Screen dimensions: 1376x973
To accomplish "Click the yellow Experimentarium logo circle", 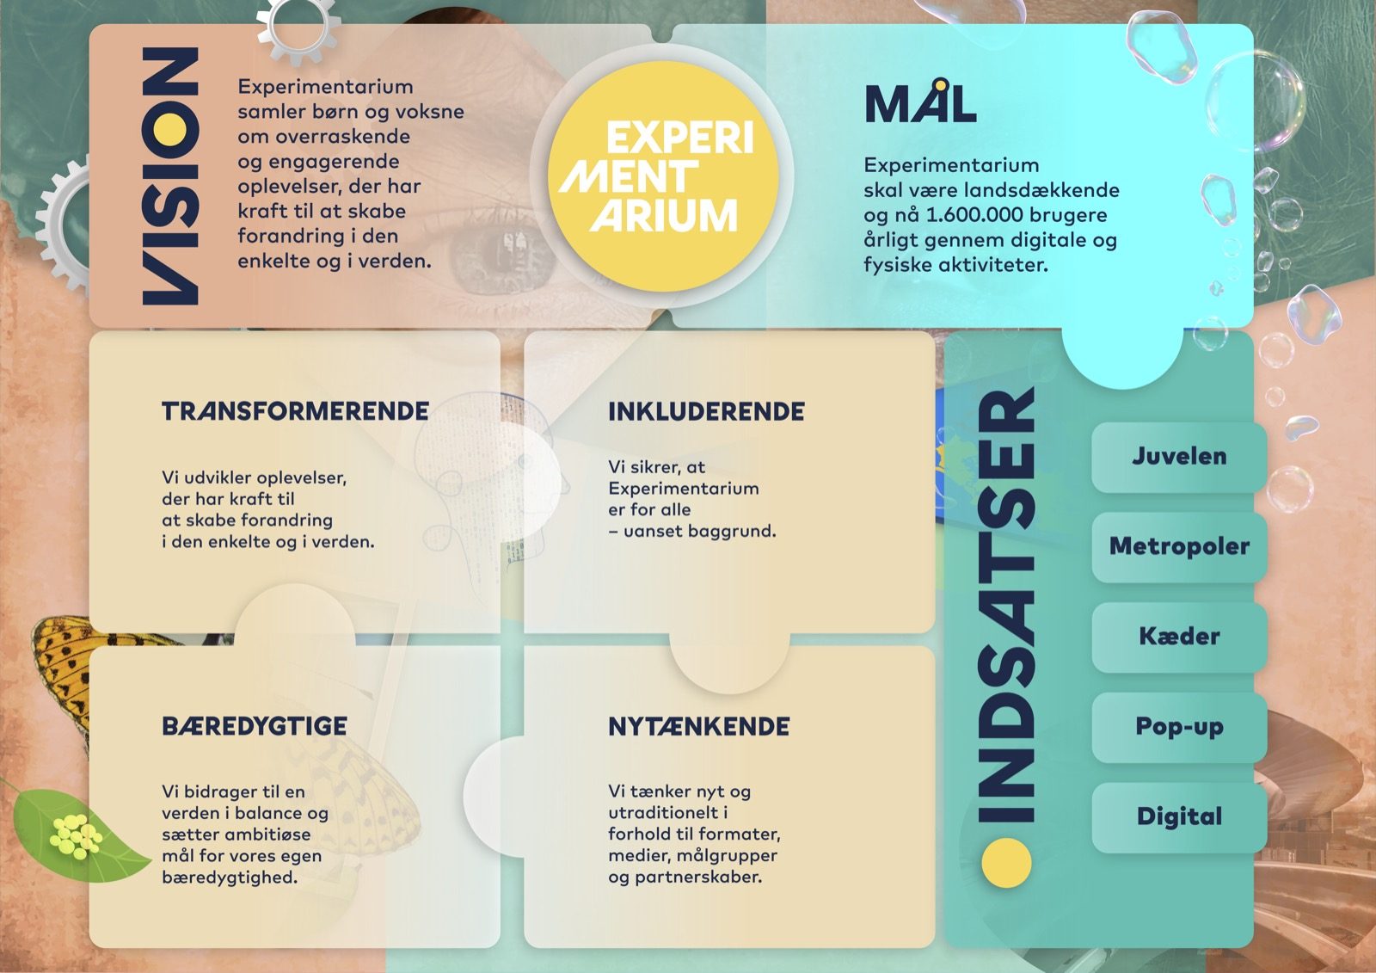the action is pos(663,176).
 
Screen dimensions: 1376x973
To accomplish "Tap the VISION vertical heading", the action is pos(170,176).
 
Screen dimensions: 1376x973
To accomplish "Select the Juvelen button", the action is pos(1179,457).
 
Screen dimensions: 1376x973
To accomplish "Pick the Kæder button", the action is pos(1179,637).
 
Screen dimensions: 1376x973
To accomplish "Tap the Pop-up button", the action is pos(1179,727).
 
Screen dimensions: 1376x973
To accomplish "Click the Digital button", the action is pos(1179,817).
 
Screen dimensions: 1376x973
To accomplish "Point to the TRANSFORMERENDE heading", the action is pos(295,411).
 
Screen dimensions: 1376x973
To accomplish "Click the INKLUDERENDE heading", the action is pos(706,412).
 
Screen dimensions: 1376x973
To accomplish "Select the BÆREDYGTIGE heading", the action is pos(255,726).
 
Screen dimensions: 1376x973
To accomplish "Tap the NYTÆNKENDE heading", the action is pos(699,726).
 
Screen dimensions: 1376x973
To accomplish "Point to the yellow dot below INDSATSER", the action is pos(1006,863).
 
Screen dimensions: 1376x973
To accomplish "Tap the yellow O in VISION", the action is pos(170,130).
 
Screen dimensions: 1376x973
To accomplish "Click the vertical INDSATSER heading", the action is pos(1006,604).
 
